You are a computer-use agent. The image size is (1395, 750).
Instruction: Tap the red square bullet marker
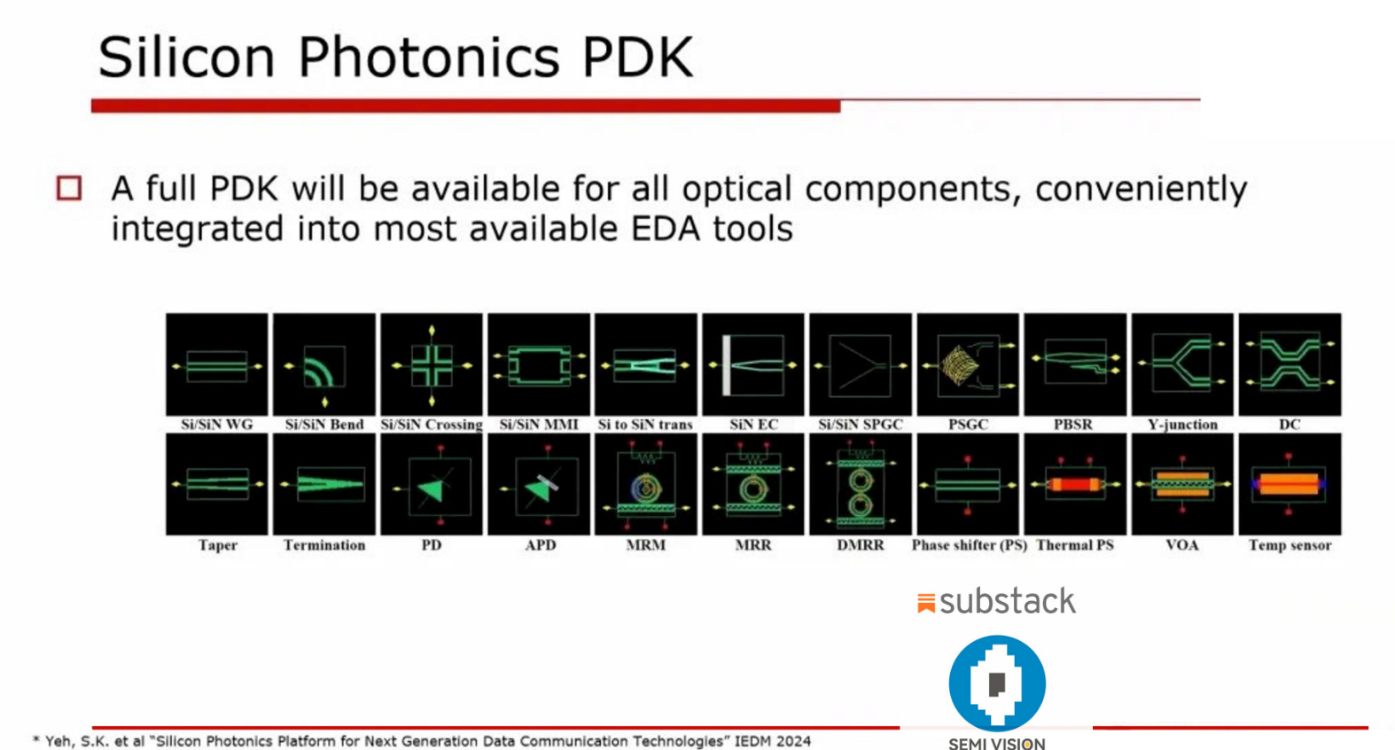(x=69, y=188)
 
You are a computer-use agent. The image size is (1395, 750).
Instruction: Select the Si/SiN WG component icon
(x=217, y=364)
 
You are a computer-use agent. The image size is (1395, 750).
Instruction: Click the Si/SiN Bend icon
(x=324, y=364)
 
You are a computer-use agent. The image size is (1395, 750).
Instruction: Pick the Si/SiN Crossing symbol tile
(x=432, y=364)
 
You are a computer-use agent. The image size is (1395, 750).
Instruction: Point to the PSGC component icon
(x=968, y=364)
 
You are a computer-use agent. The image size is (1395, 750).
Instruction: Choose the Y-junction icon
(x=1182, y=364)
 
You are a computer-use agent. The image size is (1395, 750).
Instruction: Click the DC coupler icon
(x=1290, y=364)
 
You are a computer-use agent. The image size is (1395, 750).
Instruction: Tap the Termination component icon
(x=324, y=484)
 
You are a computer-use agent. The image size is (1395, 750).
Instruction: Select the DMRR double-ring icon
(x=861, y=484)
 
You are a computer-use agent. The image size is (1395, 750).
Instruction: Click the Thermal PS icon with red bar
(x=1075, y=484)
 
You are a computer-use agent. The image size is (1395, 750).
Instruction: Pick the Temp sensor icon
(x=1290, y=484)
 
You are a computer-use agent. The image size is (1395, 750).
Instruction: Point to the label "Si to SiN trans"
(x=645, y=425)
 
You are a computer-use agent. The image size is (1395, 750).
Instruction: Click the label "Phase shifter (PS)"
(x=969, y=545)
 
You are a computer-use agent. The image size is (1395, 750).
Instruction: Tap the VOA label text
(x=1182, y=545)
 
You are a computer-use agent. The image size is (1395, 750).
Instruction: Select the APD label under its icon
(x=540, y=545)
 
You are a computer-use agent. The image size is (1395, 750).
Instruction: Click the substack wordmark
(x=1007, y=602)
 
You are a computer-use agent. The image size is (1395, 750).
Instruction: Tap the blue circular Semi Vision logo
(x=997, y=684)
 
